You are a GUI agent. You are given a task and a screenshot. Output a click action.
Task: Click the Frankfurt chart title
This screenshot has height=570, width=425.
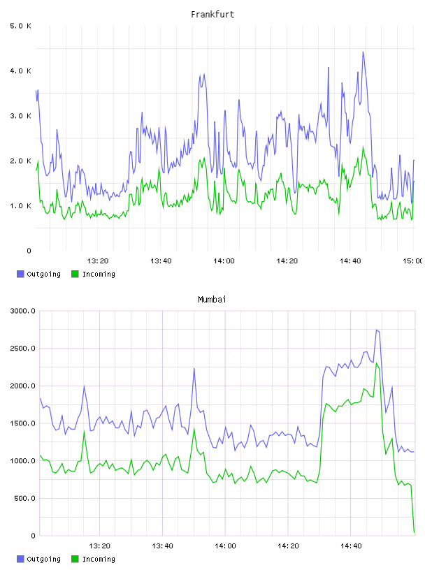tap(212, 15)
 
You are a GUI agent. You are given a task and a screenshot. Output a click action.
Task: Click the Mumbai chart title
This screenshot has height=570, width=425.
tap(212, 300)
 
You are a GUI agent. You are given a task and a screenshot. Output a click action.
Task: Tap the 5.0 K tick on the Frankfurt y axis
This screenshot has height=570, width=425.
tap(20, 26)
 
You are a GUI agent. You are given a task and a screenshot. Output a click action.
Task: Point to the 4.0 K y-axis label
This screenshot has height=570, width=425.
tap(20, 71)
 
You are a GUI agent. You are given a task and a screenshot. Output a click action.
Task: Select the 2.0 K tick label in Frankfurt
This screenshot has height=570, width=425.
tap(20, 161)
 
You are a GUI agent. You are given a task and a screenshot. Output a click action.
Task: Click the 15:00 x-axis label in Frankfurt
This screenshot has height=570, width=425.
tap(413, 261)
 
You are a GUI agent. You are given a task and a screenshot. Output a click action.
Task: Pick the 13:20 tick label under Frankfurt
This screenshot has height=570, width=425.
tap(98, 261)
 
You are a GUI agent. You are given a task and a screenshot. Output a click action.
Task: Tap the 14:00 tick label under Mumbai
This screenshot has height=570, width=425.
tap(225, 546)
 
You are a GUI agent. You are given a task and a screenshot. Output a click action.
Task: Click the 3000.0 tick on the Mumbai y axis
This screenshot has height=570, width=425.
tap(22, 311)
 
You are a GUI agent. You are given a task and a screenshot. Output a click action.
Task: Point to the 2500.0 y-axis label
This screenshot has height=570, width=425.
tap(22, 349)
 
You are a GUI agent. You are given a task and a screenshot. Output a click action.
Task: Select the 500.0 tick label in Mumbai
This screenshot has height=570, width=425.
tap(24, 498)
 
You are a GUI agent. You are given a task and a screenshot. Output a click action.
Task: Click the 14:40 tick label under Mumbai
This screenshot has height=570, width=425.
tap(351, 546)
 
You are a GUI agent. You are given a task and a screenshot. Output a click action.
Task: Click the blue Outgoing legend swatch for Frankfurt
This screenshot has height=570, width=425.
tap(20, 274)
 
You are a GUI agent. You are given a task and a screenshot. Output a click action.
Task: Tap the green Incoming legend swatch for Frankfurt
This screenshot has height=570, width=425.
tap(75, 274)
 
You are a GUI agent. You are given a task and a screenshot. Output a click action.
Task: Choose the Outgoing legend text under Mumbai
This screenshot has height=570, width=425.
tap(43, 559)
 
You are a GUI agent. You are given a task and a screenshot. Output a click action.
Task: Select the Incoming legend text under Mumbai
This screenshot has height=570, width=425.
tap(99, 559)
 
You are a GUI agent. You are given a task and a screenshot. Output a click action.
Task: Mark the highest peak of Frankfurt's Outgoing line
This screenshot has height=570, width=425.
tap(363, 52)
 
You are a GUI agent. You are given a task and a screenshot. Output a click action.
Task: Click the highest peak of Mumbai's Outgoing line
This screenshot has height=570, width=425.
tap(377, 330)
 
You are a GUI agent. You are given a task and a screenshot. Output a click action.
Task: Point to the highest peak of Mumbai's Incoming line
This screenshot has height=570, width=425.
tap(377, 363)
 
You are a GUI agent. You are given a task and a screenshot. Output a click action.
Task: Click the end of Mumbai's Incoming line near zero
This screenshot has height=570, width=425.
tap(414, 532)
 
